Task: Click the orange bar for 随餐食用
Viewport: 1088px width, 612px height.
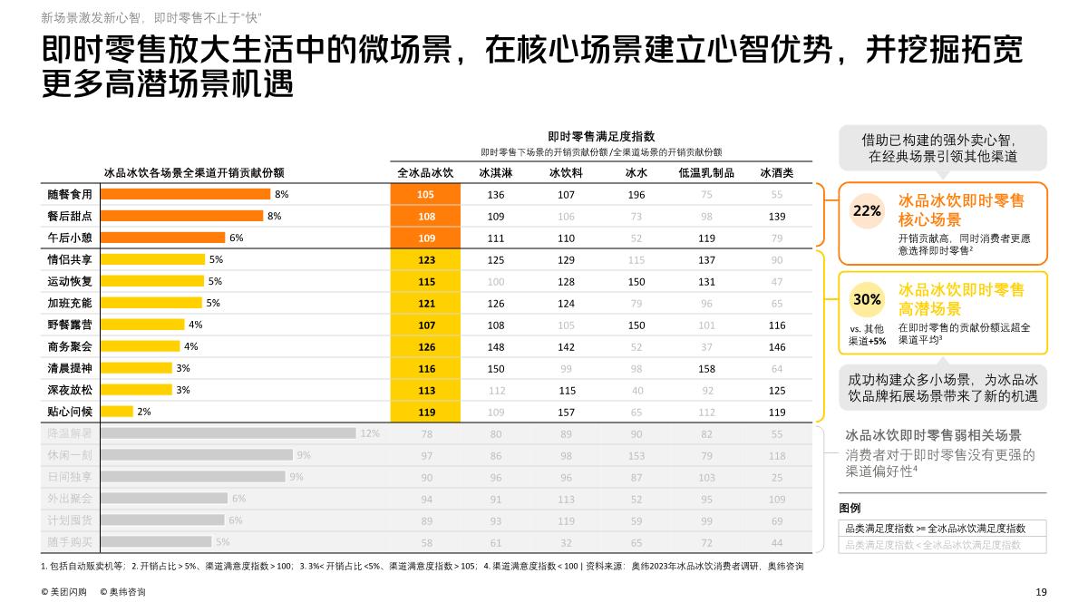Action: pyautogui.click(x=185, y=194)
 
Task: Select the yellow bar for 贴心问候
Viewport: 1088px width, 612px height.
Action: pyautogui.click(x=116, y=412)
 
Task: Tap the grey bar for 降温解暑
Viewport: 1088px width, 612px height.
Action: pyautogui.click(x=227, y=433)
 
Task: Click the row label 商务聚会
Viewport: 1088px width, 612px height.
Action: pyautogui.click(x=70, y=346)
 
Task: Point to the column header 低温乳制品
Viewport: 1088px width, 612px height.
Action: pyautogui.click(x=706, y=173)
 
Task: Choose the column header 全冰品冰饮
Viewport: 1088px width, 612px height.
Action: pyautogui.click(x=425, y=173)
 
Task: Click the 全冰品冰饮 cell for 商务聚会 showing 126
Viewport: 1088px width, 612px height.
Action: pyautogui.click(x=426, y=346)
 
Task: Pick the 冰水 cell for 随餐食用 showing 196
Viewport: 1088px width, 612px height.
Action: pyautogui.click(x=636, y=195)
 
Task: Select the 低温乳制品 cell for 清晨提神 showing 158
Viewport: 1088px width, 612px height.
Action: pyautogui.click(x=706, y=368)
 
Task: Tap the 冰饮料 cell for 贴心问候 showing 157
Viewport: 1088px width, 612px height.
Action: pyautogui.click(x=567, y=412)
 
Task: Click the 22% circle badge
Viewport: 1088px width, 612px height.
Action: pyautogui.click(x=867, y=211)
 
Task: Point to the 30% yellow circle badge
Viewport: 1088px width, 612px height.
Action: pyautogui.click(x=867, y=299)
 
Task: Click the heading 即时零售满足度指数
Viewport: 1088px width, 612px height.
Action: pyautogui.click(x=601, y=136)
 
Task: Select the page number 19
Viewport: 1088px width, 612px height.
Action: pyautogui.click(x=1041, y=592)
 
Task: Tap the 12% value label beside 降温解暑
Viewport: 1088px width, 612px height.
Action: pyautogui.click(x=370, y=433)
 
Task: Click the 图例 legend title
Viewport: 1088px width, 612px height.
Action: pyautogui.click(x=850, y=508)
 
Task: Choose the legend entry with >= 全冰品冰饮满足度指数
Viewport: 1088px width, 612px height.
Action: pyautogui.click(x=935, y=528)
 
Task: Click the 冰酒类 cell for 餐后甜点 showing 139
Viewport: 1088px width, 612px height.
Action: pyautogui.click(x=776, y=217)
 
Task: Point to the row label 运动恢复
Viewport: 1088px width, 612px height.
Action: pyautogui.click(x=70, y=281)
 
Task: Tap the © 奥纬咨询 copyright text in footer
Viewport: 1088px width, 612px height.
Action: pyautogui.click(x=122, y=592)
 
